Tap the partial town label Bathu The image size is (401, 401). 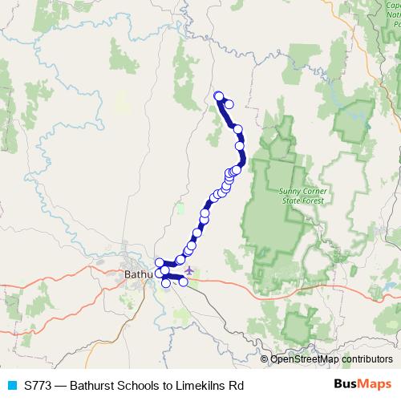point(139,275)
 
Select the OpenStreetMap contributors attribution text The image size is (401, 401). point(331,359)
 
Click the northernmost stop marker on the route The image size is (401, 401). point(219,97)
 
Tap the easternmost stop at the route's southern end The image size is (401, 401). point(184,282)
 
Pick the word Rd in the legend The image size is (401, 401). point(235,386)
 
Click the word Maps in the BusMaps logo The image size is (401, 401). point(371,386)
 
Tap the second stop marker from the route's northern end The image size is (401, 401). point(229,103)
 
